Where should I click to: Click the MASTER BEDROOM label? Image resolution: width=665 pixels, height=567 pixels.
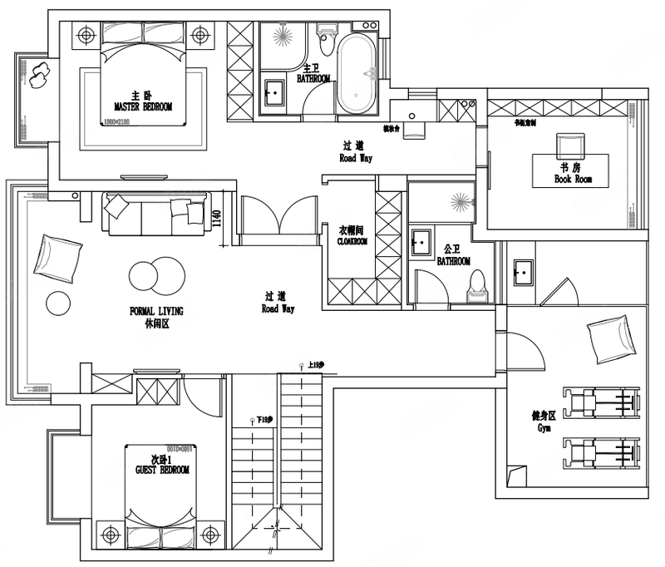pyautogui.click(x=143, y=106)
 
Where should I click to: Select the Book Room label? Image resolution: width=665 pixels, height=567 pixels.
pyautogui.click(x=573, y=179)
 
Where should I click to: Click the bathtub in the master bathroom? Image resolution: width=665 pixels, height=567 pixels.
pyautogui.click(x=358, y=71)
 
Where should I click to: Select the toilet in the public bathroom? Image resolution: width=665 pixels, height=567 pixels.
pyautogui.click(x=478, y=282)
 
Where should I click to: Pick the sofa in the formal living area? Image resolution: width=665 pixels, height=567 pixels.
pyautogui.click(x=155, y=214)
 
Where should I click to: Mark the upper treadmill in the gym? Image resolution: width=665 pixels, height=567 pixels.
pyautogui.click(x=601, y=402)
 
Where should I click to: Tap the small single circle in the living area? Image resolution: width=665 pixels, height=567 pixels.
pyautogui.click(x=58, y=303)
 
